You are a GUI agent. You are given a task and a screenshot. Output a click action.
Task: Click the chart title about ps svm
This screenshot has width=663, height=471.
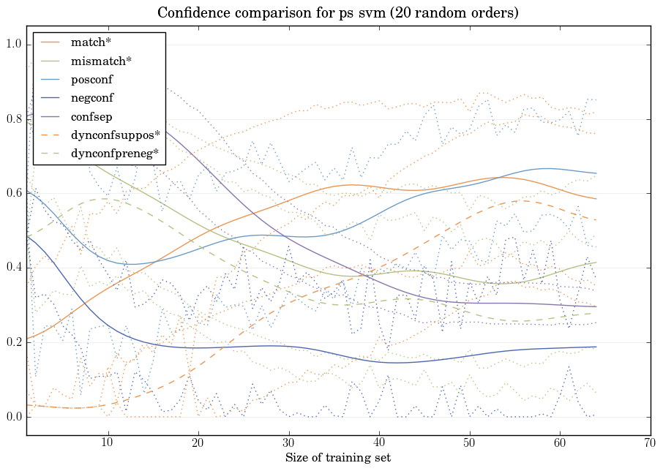338,13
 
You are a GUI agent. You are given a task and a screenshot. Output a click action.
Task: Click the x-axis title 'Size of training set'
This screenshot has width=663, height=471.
338,459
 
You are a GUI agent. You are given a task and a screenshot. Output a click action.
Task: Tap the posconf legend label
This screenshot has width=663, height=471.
91,80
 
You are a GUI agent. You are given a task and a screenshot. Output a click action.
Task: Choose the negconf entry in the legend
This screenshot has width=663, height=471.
91,98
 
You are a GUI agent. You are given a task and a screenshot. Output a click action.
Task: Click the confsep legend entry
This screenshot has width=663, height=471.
91,116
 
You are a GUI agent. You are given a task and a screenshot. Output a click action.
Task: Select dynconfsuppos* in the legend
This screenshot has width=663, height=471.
115,135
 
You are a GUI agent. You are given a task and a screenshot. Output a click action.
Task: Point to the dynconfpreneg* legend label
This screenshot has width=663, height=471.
114,154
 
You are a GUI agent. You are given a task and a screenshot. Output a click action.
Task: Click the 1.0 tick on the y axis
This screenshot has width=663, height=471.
14,45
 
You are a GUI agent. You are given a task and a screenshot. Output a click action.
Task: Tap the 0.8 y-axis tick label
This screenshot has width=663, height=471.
14,119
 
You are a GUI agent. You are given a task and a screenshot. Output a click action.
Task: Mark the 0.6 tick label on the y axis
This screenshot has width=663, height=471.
14,194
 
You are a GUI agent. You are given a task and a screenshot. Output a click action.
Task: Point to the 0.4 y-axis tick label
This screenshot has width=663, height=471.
14,268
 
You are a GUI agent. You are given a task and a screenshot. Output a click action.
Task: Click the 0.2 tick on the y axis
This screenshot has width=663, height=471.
14,343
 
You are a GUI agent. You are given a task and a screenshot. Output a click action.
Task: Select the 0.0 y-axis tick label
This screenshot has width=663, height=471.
14,418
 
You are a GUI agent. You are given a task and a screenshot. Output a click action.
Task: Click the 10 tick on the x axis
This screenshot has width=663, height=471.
108,442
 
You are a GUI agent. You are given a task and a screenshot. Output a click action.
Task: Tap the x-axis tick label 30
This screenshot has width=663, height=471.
289,442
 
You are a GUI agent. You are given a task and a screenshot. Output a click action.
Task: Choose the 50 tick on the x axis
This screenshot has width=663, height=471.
470,442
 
